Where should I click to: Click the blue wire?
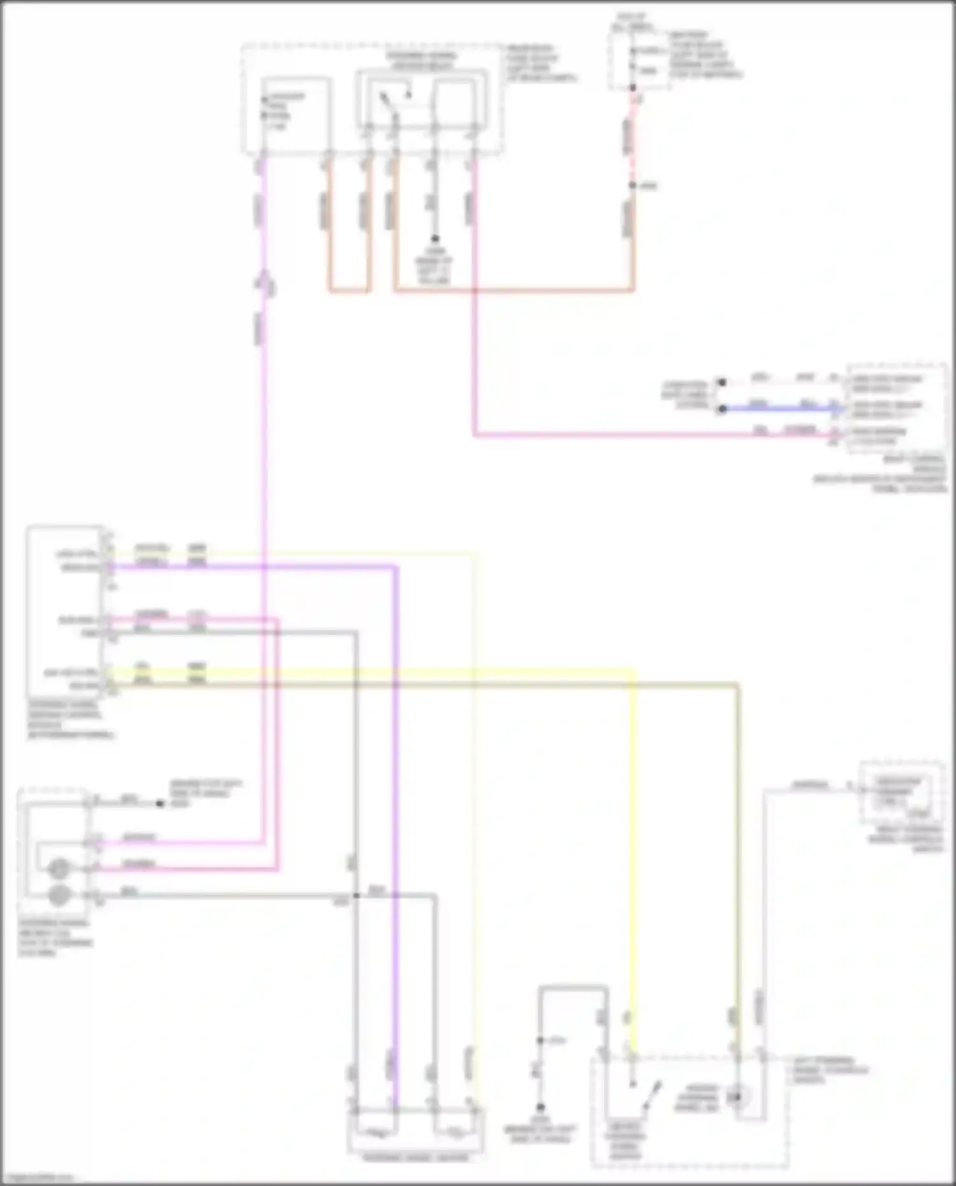click(778, 409)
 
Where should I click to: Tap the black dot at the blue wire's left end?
click(721, 409)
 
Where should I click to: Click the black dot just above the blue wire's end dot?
click(721, 382)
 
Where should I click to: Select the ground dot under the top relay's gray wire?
click(435, 239)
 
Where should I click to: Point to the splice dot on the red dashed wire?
click(632, 185)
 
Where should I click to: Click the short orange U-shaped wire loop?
click(349, 291)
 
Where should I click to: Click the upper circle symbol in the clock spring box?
click(59, 868)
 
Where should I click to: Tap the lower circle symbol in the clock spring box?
click(59, 895)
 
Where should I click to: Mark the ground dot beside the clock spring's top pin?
click(160, 804)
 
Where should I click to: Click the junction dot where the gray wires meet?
click(356, 895)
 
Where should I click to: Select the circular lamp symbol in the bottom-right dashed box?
click(739, 1097)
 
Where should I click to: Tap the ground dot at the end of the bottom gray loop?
click(540, 1107)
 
